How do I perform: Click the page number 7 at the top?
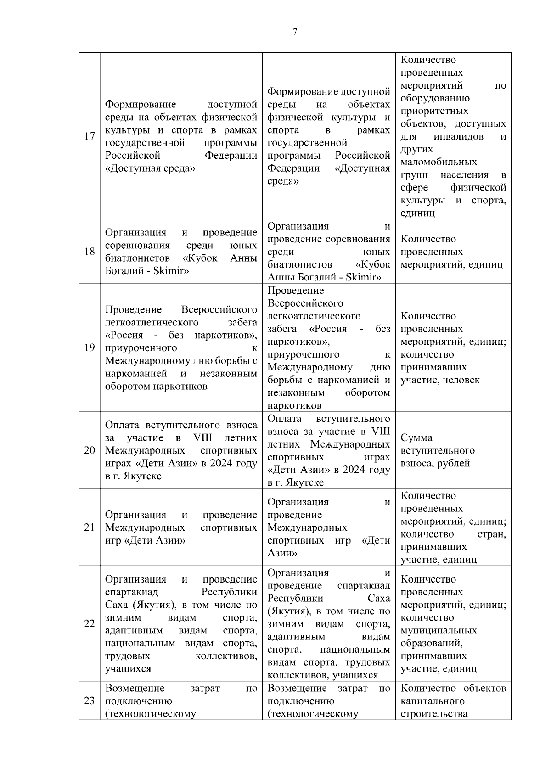pos(294,32)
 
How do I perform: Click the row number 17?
pos(90,136)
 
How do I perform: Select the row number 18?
pos(90,252)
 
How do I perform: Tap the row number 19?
pos(90,347)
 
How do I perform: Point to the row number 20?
pos(90,450)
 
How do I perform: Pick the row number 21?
pos(90,527)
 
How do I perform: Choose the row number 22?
pos(90,623)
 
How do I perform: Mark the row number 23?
pos(90,701)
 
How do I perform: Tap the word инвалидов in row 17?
pos(458,137)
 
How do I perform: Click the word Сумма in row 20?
pos(416,437)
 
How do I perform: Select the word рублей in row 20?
pos(453,463)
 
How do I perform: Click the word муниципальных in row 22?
pos(439,630)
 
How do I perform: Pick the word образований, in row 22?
pos(432,643)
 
